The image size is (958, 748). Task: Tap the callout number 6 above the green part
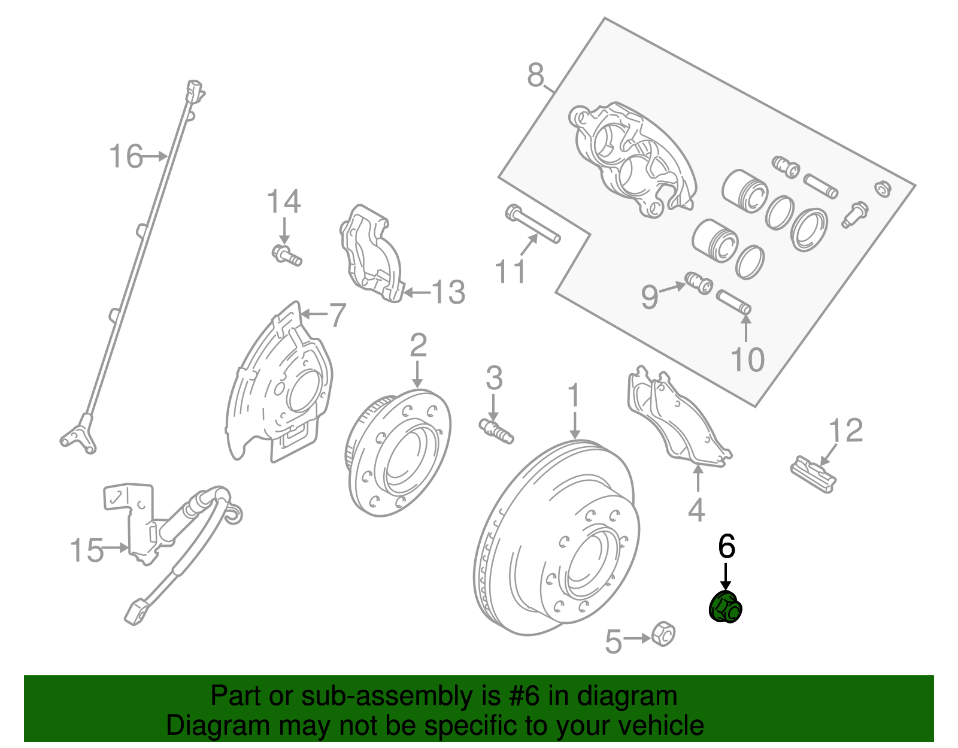coord(726,546)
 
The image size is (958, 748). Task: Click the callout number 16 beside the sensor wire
coord(126,156)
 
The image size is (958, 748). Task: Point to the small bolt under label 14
coord(287,255)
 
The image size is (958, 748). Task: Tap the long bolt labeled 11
coord(532,224)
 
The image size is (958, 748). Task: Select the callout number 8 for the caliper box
coord(536,76)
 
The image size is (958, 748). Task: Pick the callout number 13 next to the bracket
coord(448,293)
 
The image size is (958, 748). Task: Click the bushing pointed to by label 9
coord(699,283)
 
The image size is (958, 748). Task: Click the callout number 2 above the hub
coord(418,346)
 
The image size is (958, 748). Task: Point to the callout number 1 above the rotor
coord(574,396)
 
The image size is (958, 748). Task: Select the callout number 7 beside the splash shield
coord(338,314)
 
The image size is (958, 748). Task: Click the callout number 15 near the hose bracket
coord(87,550)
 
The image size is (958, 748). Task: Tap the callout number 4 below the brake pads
coord(696,510)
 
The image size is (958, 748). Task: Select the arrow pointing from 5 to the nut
coord(637,638)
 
